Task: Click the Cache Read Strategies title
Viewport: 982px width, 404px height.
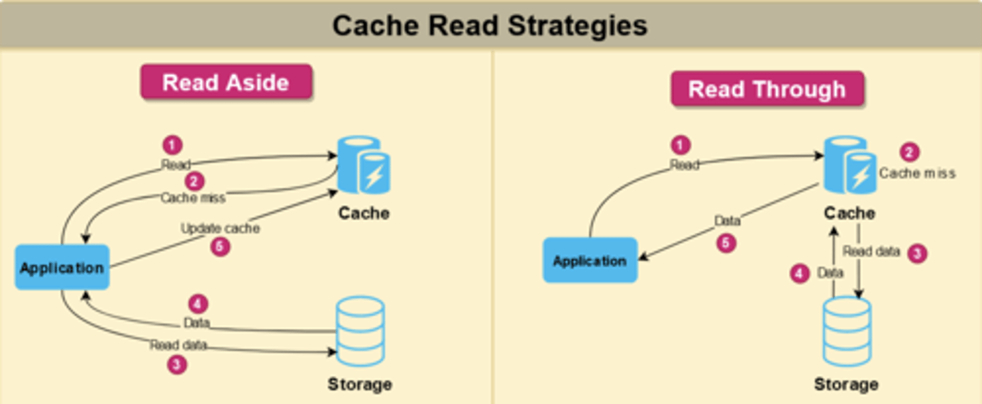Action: coord(490,26)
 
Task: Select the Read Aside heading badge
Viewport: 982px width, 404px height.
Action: coord(226,82)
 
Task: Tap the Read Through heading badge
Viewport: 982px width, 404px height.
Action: coord(767,89)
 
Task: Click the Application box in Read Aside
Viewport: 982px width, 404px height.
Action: coord(62,267)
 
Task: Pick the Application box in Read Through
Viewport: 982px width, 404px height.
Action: coord(590,260)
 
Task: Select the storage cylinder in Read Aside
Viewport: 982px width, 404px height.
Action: coord(359,332)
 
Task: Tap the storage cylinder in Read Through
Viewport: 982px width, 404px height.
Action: coord(846,332)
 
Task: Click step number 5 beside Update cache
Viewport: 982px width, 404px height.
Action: coord(220,247)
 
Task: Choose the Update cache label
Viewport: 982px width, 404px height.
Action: coord(220,228)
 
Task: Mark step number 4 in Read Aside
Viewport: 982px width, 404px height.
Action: coord(197,304)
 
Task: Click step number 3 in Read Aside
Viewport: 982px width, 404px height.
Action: coord(177,364)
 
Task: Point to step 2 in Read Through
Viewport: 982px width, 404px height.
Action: coord(908,153)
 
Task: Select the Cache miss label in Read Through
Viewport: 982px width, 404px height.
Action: coord(917,173)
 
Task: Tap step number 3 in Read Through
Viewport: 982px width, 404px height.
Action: coord(917,253)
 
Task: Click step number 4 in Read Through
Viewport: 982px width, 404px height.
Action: coord(800,274)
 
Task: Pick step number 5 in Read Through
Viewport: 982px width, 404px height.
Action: coord(726,243)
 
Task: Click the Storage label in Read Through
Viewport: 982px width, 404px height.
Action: coord(846,384)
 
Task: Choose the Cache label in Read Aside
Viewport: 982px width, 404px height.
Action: coord(363,213)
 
